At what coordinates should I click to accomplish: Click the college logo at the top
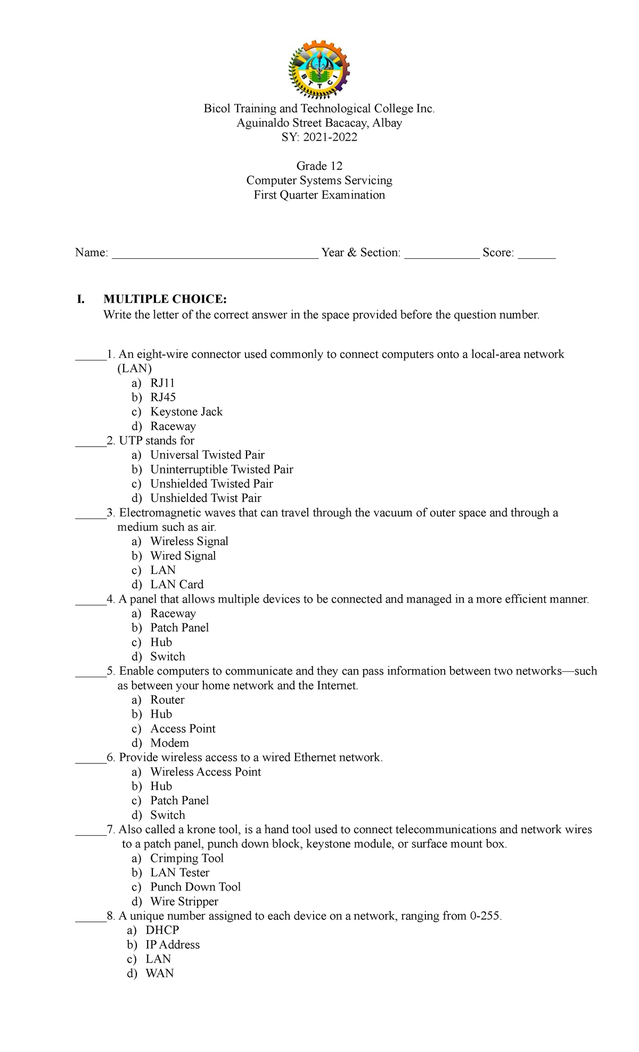click(318, 70)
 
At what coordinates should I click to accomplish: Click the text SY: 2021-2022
click(319, 137)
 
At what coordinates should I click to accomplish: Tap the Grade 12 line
click(319, 166)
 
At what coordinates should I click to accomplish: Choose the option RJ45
click(162, 397)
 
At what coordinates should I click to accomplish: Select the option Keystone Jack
click(186, 412)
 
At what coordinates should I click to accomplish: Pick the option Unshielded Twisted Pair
click(211, 483)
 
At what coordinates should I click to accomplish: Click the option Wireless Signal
click(189, 541)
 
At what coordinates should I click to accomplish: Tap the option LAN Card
click(176, 585)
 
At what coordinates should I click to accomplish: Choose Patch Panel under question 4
click(179, 628)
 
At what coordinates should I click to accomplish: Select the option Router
click(167, 700)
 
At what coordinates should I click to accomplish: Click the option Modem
click(169, 743)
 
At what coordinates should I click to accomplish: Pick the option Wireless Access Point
click(205, 771)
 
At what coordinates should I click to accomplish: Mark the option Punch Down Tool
click(195, 887)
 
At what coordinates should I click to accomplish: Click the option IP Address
click(172, 944)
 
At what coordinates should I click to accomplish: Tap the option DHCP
click(162, 930)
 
